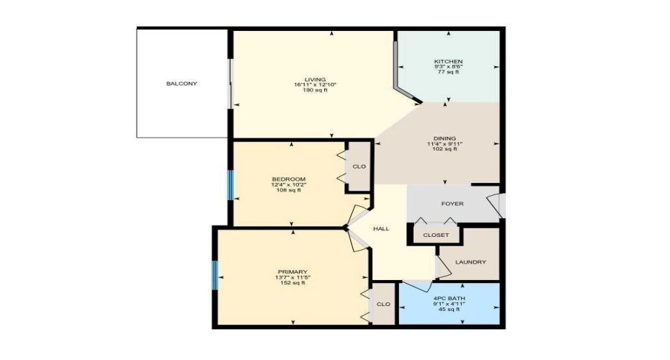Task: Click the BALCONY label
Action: point(182,84)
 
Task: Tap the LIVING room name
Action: point(316,79)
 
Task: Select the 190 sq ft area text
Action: point(316,91)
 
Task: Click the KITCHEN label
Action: point(448,61)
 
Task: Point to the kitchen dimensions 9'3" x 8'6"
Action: point(448,67)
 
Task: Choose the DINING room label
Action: point(445,138)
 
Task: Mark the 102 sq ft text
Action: point(445,149)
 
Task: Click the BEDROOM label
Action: point(289,179)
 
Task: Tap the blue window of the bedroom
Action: point(231,185)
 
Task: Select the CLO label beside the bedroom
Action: point(359,167)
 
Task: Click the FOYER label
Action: point(452,204)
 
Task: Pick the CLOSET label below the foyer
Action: point(436,235)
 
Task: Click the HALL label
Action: point(381,229)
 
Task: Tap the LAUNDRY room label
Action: point(471,262)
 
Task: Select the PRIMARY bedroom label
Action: point(292,271)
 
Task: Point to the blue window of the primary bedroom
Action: point(215,276)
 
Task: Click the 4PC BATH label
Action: point(448,298)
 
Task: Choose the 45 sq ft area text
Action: point(448,310)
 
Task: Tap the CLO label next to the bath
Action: point(384,304)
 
